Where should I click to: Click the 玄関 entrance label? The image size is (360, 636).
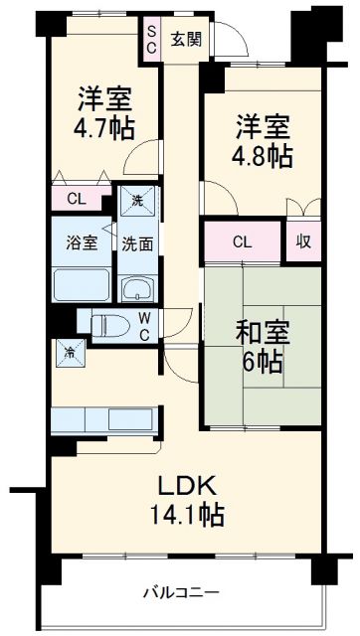click(x=186, y=40)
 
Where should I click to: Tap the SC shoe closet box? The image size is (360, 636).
click(x=152, y=39)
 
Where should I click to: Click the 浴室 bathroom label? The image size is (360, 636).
click(x=83, y=242)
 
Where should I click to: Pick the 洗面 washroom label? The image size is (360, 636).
click(x=137, y=242)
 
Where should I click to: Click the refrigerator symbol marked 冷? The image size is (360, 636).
click(x=71, y=353)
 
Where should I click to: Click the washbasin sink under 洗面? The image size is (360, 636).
click(x=137, y=289)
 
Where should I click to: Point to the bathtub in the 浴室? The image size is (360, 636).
click(x=83, y=283)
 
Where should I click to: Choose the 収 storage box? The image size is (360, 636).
click(x=302, y=241)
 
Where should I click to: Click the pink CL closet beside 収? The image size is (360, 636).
click(x=242, y=241)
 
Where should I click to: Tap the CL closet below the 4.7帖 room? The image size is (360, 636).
click(x=76, y=199)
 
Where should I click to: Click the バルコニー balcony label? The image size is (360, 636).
click(x=179, y=593)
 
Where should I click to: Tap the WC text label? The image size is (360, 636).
click(x=145, y=325)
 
